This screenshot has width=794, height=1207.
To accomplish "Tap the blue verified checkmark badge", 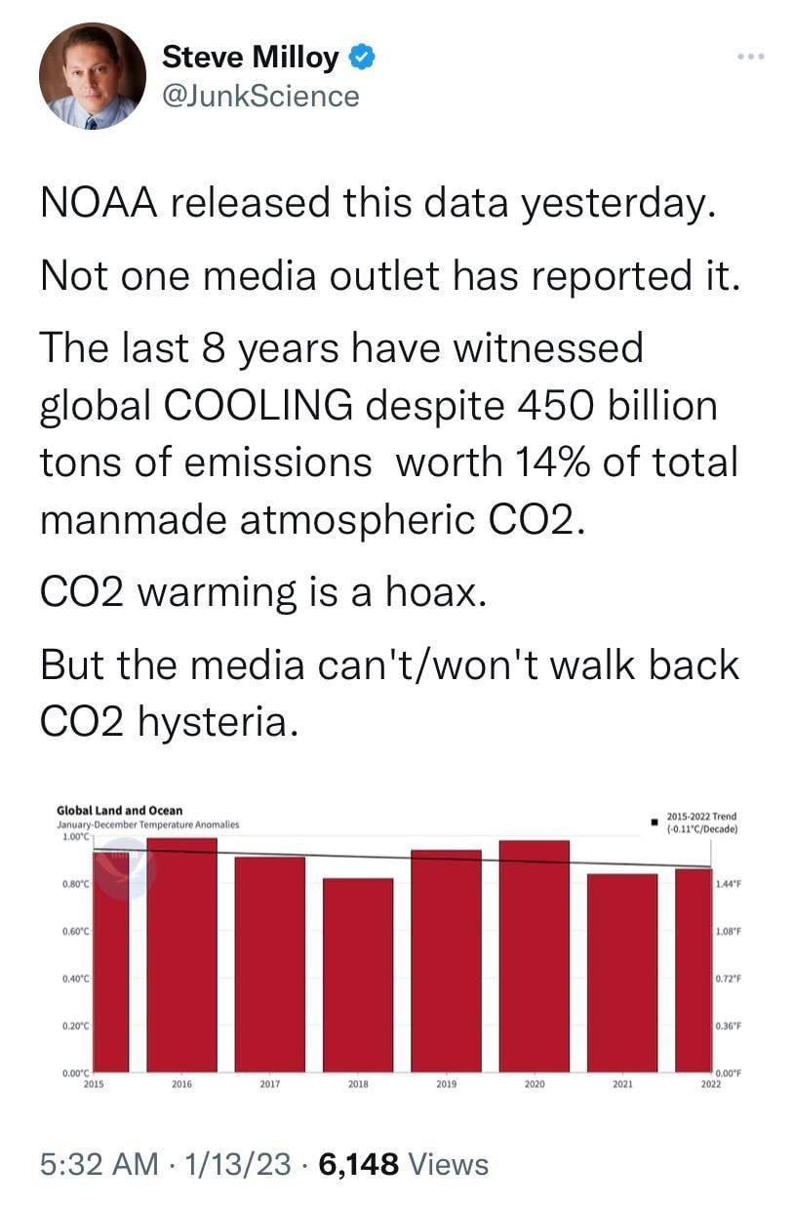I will [x=361, y=58].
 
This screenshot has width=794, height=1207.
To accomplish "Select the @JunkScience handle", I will [x=260, y=96].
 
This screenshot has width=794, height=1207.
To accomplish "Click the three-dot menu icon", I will [x=750, y=57].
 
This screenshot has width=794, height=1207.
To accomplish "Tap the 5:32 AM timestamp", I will [x=99, y=1163].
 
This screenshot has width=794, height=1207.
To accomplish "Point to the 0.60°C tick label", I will [x=75, y=931].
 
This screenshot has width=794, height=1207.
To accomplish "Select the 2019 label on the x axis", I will [x=446, y=1083].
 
